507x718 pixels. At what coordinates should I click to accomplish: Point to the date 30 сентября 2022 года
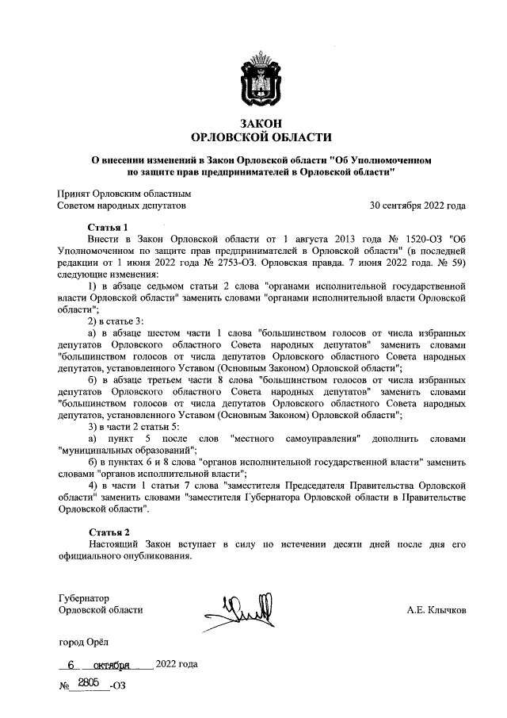tap(417, 205)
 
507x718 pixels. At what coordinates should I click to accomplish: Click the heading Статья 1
tap(108, 226)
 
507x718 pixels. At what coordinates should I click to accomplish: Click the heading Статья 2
tap(108, 532)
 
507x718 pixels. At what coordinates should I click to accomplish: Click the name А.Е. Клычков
tap(436, 610)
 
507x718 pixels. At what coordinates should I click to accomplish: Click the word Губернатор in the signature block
tap(84, 597)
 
